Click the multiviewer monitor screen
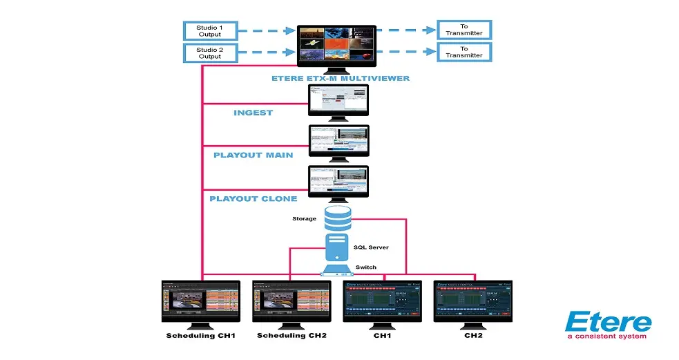(x=336, y=44)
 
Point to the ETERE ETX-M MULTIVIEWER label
(x=340, y=78)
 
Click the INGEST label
(x=253, y=113)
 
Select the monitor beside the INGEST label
(x=338, y=100)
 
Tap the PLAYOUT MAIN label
(x=253, y=155)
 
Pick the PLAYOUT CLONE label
(x=253, y=198)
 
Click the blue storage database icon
(x=338, y=218)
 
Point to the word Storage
(x=304, y=218)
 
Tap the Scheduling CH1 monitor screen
(x=200, y=301)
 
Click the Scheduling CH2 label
(x=291, y=336)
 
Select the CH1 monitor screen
(x=382, y=301)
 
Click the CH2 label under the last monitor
(x=472, y=336)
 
